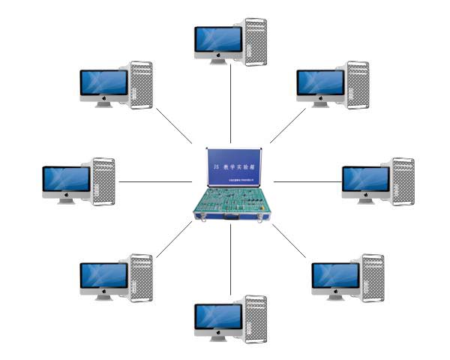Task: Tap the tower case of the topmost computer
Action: point(255,42)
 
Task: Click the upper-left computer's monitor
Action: point(103,83)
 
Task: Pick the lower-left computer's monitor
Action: point(103,276)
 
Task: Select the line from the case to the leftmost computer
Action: point(154,181)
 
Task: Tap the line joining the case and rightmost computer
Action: point(304,181)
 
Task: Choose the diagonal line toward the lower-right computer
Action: point(289,240)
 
